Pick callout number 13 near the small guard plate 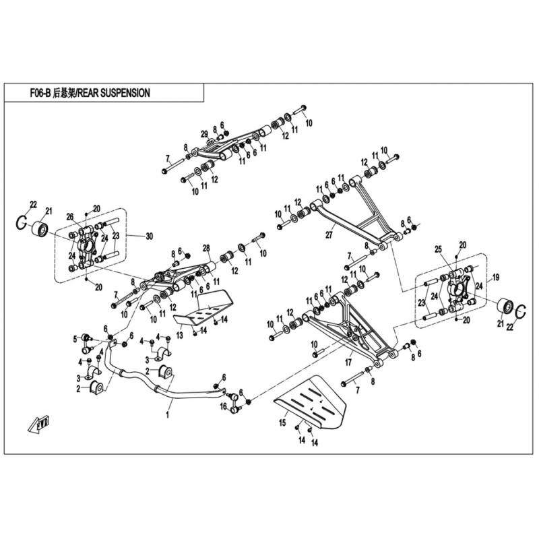click(179, 335)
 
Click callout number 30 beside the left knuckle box click(150, 236)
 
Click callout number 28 click(207, 248)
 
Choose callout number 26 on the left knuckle click(69, 216)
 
